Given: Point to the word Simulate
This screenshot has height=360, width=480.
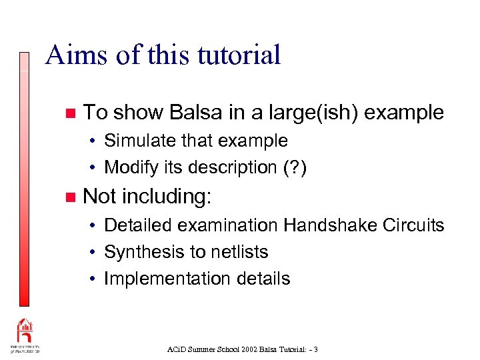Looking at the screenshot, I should coord(136,141).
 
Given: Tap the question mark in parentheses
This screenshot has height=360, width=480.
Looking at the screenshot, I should coord(292,167).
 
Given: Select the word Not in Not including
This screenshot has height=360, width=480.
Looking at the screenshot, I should coord(100,196).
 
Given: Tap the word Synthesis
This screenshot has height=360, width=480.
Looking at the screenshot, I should coord(137,252).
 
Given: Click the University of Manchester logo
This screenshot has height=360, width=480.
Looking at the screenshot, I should coord(25,337).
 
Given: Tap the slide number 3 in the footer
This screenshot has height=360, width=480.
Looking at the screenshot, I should coord(315,349).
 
